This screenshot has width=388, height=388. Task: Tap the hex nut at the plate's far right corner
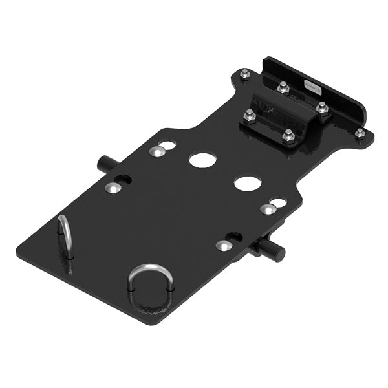click(360, 133)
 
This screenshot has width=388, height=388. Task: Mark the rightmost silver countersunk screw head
click(267, 209)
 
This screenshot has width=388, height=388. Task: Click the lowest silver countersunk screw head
click(222, 246)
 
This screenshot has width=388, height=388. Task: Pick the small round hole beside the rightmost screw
click(280, 203)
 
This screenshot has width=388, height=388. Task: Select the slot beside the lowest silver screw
click(234, 237)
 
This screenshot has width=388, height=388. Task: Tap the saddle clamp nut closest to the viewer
click(288, 135)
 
